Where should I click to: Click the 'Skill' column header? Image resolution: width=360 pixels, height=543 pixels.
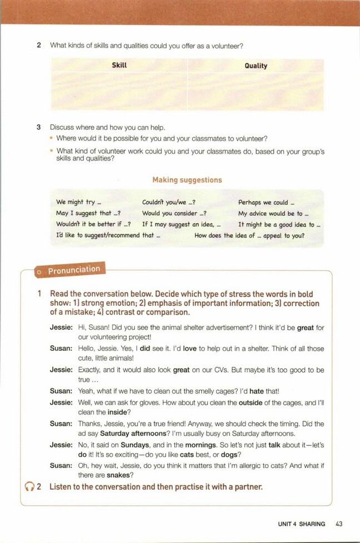tap(119, 65)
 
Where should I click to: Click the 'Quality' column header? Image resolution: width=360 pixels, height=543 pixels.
tap(256, 66)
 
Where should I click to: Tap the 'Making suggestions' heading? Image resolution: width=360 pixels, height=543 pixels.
tap(187, 180)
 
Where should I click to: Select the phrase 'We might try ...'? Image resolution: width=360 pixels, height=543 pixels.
tap(79, 203)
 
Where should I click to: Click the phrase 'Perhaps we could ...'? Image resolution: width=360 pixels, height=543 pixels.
tap(267, 203)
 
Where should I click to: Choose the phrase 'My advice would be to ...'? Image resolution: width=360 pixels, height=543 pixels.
tap(273, 214)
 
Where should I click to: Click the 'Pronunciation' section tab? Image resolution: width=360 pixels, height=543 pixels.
tap(73, 270)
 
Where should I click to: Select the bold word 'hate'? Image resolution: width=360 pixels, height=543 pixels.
tap(256, 391)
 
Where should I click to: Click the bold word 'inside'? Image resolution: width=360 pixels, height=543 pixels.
tap(117, 412)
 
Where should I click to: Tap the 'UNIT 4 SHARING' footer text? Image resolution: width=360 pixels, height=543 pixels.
tap(302, 523)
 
